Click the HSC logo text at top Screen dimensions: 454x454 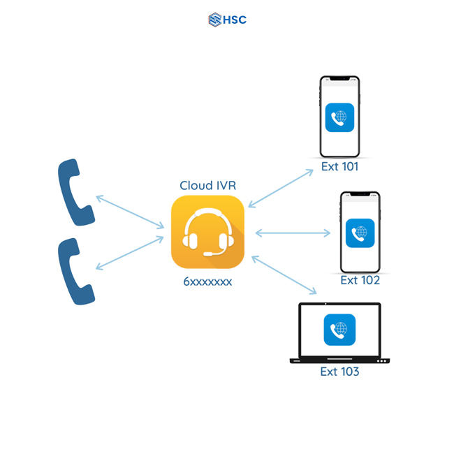pos(235,20)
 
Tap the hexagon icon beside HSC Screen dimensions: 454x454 pos(214,20)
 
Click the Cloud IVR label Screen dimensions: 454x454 pos(207,185)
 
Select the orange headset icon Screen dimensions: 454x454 pos(207,231)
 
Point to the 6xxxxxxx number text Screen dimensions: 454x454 pos(207,281)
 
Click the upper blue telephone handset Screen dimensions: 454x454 pos(75,193)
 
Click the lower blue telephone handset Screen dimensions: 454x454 pos(75,271)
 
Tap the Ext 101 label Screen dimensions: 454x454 pos(339,167)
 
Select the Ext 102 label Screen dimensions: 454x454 pos(360,280)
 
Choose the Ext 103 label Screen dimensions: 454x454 pos(339,372)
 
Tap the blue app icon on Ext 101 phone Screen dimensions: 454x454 pos(339,118)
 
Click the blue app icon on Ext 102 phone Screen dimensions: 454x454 pos(360,233)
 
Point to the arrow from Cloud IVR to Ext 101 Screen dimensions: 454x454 pos(281,188)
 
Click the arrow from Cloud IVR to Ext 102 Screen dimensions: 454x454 pos(293,233)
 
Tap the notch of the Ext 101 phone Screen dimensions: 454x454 pos(339,79)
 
